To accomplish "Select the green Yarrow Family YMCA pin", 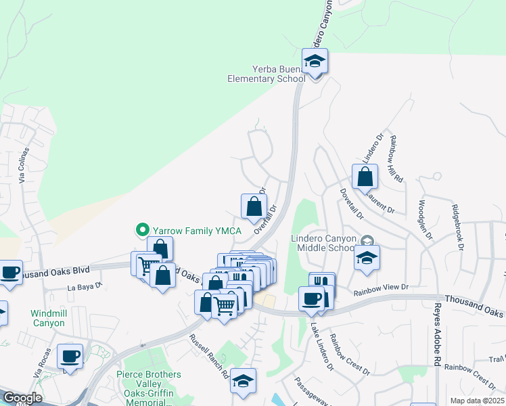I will tap(143, 230).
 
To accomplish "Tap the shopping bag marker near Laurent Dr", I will tap(365, 178).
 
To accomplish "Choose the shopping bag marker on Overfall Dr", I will tap(254, 206).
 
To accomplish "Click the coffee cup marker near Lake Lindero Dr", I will tap(312, 299).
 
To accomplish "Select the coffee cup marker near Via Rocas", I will tap(70, 356).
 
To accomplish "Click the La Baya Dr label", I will tap(85, 287).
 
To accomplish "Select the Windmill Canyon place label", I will tap(47, 318).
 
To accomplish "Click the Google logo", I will tap(22, 398).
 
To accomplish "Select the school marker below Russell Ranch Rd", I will tap(243, 380).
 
